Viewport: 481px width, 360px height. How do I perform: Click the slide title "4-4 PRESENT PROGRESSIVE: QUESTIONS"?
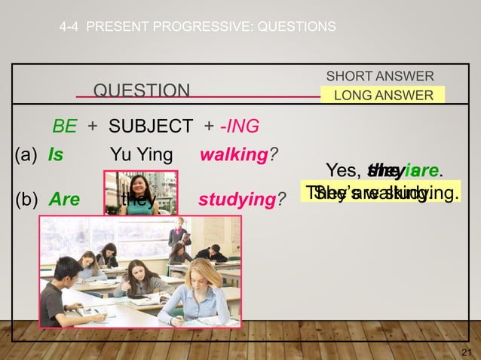[x=198, y=27]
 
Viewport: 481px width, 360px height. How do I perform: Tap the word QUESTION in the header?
[x=141, y=92]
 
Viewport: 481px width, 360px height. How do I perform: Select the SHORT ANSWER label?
[x=379, y=77]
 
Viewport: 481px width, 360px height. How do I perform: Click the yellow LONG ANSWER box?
[x=383, y=95]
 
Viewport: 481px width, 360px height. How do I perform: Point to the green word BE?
[x=64, y=127]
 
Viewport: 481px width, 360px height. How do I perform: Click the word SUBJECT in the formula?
[x=150, y=127]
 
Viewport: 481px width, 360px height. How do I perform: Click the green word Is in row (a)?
[x=55, y=156]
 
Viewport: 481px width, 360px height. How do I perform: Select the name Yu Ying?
[x=141, y=156]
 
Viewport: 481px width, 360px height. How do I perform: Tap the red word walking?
[x=233, y=156]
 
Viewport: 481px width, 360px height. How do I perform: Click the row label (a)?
[x=26, y=156]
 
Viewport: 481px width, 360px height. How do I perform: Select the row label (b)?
[x=27, y=200]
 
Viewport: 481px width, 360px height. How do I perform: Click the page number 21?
[x=464, y=352]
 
